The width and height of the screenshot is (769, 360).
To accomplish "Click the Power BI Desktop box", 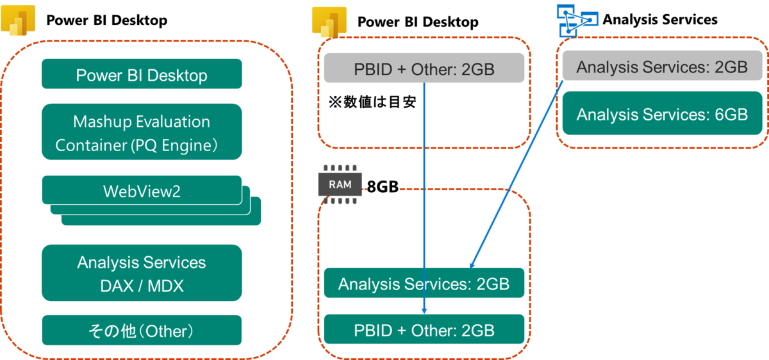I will point(142,74).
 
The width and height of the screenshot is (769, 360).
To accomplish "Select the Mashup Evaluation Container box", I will point(142,132).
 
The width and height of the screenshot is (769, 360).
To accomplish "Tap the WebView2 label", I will point(142,191).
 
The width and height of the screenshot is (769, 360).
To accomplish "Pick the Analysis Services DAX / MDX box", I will point(142,273).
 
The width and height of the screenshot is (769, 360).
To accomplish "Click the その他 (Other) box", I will point(142,331).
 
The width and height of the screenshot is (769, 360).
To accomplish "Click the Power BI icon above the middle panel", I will point(329,22).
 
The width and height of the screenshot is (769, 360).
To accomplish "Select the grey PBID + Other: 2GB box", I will point(424,68).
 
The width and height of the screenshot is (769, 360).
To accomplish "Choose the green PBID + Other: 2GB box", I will point(424,331).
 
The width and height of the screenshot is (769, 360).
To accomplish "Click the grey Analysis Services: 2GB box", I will point(662,67).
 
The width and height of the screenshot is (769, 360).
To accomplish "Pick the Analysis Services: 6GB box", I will point(662,114).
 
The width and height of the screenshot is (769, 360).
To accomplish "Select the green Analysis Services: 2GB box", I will point(424,283).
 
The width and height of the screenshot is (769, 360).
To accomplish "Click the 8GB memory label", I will point(383,187).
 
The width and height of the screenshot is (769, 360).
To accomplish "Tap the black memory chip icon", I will point(340,186).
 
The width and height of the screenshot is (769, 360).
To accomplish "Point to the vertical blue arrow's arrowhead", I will point(424,310).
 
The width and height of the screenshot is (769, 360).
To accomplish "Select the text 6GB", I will point(731,114).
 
